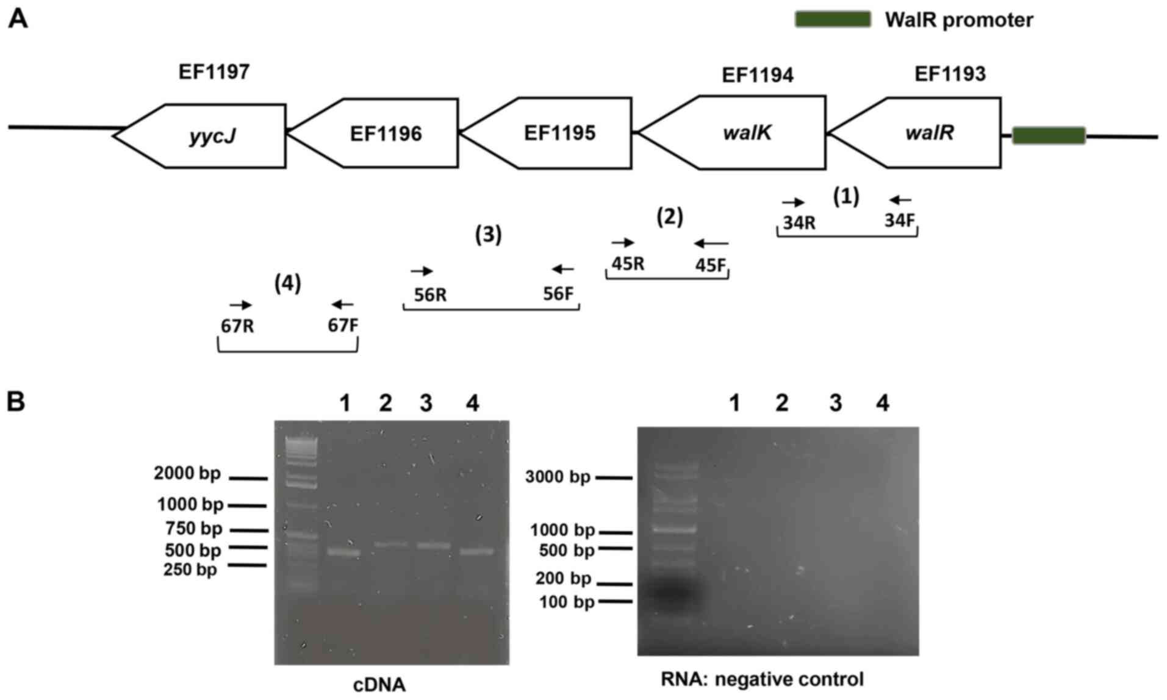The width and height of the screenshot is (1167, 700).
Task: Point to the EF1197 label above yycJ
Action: coord(214,72)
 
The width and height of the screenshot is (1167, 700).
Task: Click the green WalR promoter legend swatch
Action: coord(832,20)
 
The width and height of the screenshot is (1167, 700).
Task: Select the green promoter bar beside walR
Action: coord(1048,135)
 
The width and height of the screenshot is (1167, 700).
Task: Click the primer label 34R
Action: coord(799,223)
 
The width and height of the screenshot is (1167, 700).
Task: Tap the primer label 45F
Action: coord(711,265)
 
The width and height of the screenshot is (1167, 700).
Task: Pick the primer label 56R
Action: coord(430,295)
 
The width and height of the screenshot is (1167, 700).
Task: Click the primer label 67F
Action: coord(343,326)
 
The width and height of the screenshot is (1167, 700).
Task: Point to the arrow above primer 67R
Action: coord(240,305)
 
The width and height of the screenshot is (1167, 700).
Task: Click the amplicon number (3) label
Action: coord(488,235)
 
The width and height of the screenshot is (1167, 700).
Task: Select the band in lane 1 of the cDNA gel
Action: coord(344,552)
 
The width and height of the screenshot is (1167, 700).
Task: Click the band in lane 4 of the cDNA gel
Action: coord(476,551)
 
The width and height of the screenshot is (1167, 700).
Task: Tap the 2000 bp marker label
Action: coord(187,473)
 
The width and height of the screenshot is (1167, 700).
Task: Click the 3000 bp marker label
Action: coord(558,477)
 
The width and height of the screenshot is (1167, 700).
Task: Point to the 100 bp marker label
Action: coord(566,602)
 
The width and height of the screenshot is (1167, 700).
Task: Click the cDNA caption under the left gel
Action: coord(379,685)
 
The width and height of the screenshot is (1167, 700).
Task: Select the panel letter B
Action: coord(16,401)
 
